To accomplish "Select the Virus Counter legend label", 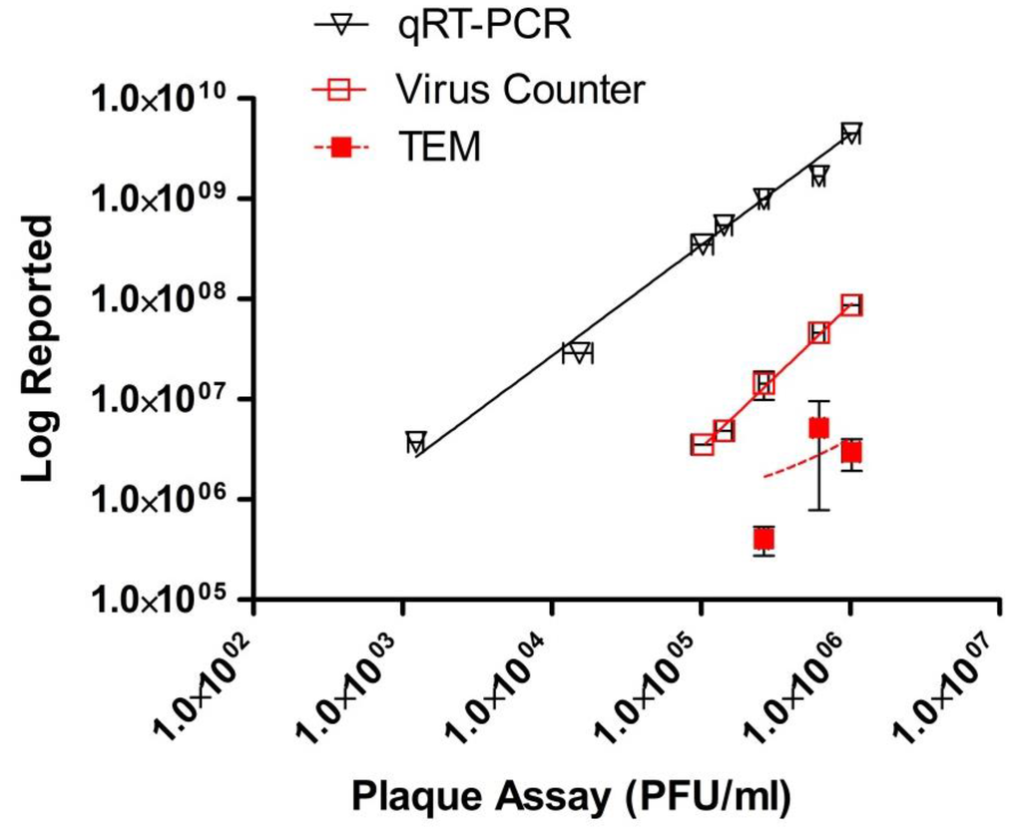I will point(519,89).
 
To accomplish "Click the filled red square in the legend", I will point(341,148).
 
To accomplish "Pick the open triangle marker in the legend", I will point(341,26).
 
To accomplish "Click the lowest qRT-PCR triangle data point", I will point(416,442).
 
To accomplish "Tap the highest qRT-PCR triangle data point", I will point(850,134).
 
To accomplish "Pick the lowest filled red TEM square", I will point(764,540).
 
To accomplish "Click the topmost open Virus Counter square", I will point(850,305).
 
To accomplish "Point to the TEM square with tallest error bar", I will point(819,428).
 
